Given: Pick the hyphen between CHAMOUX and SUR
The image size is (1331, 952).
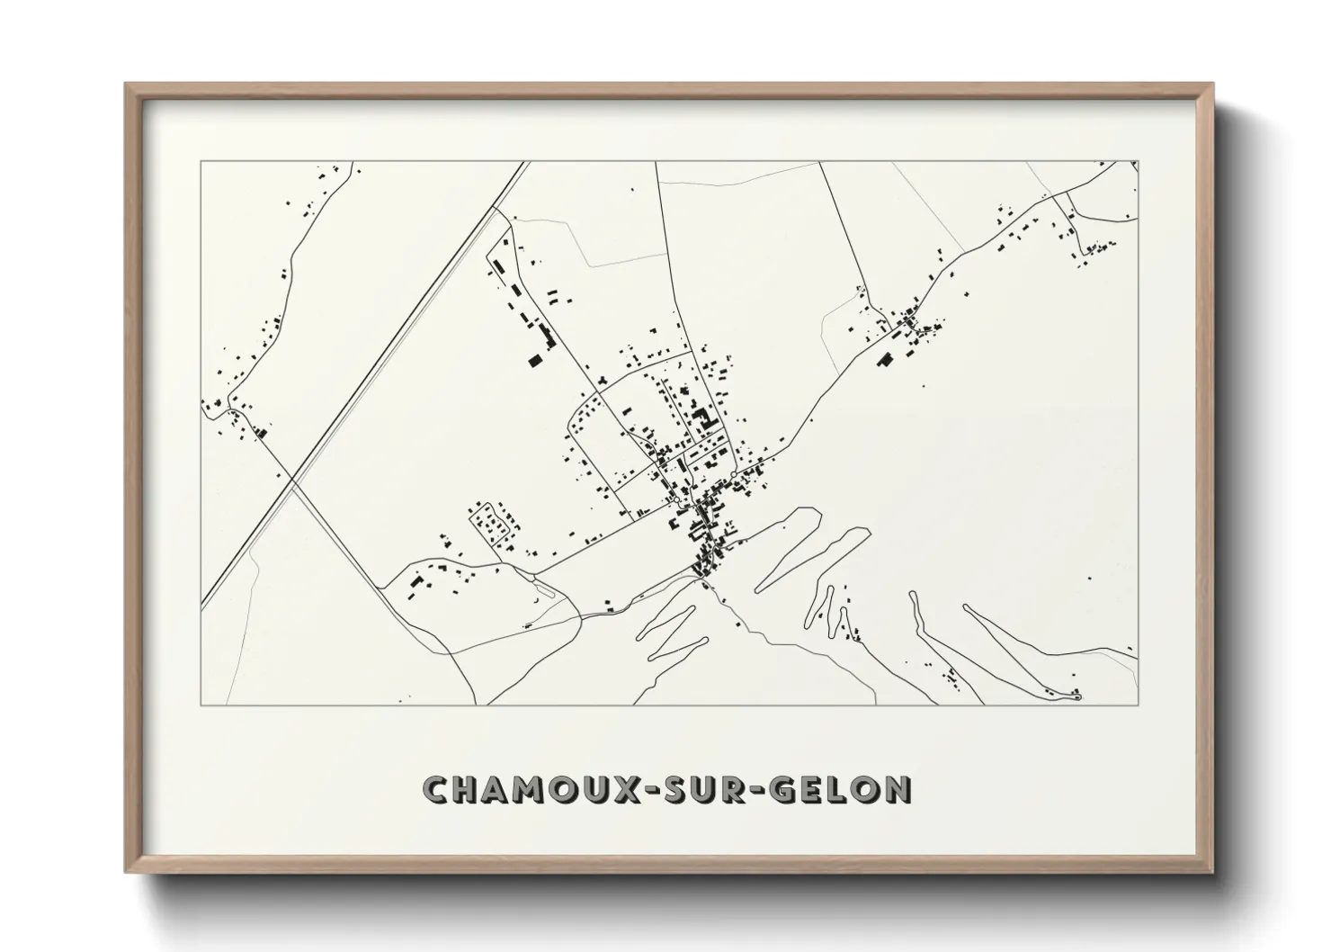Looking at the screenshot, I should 656,790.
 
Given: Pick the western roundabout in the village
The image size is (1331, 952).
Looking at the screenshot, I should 676,498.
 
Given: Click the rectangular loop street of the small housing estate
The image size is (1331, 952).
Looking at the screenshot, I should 491,523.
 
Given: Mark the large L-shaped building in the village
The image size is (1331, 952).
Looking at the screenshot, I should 702,418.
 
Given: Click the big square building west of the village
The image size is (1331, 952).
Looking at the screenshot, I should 535,360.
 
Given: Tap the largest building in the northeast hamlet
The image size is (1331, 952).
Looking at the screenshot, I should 883,360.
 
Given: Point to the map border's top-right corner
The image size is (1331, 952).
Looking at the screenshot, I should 1138,162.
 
